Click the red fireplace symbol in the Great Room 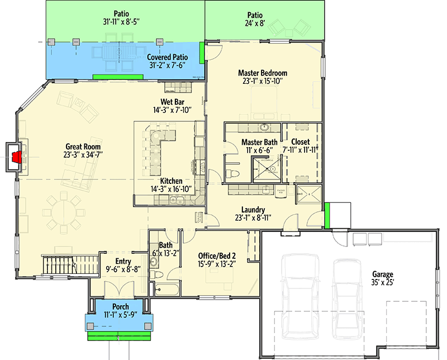[17, 157]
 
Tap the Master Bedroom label [263, 73]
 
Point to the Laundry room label [253, 210]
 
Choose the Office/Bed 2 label [218, 256]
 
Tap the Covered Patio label [167, 57]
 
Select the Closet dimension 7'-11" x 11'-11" [300, 150]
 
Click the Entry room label [123, 261]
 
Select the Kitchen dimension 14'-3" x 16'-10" [171, 189]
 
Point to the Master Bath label [259, 142]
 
